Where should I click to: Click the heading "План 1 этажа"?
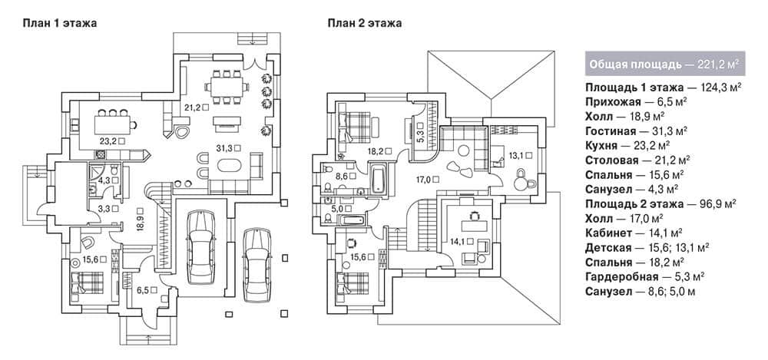[x=59, y=23]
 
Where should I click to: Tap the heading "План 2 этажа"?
[x=365, y=23]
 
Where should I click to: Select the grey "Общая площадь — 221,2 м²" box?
[x=664, y=63]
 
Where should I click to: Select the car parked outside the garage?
[x=257, y=265]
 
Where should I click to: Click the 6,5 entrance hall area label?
[x=145, y=290]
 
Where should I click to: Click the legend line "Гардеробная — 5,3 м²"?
[x=644, y=276]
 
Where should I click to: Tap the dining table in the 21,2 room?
[x=226, y=88]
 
